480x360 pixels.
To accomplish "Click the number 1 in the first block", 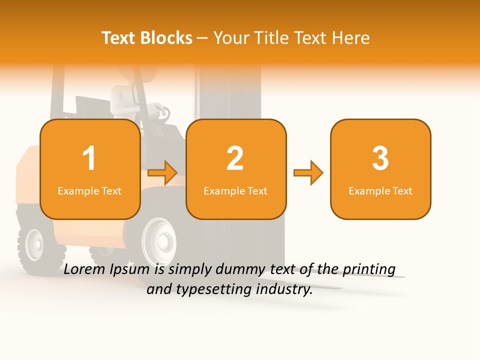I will tap(89, 158).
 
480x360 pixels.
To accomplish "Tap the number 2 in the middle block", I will tap(235, 158).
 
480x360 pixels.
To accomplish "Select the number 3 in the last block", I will tap(380, 158).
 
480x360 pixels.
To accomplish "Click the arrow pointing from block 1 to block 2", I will tap(163, 173).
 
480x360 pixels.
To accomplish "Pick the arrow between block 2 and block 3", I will tap(308, 173).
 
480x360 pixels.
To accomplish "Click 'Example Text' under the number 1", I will tap(89, 190).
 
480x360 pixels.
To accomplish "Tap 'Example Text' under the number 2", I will tap(235, 190).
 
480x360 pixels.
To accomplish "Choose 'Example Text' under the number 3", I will tap(380, 190).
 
